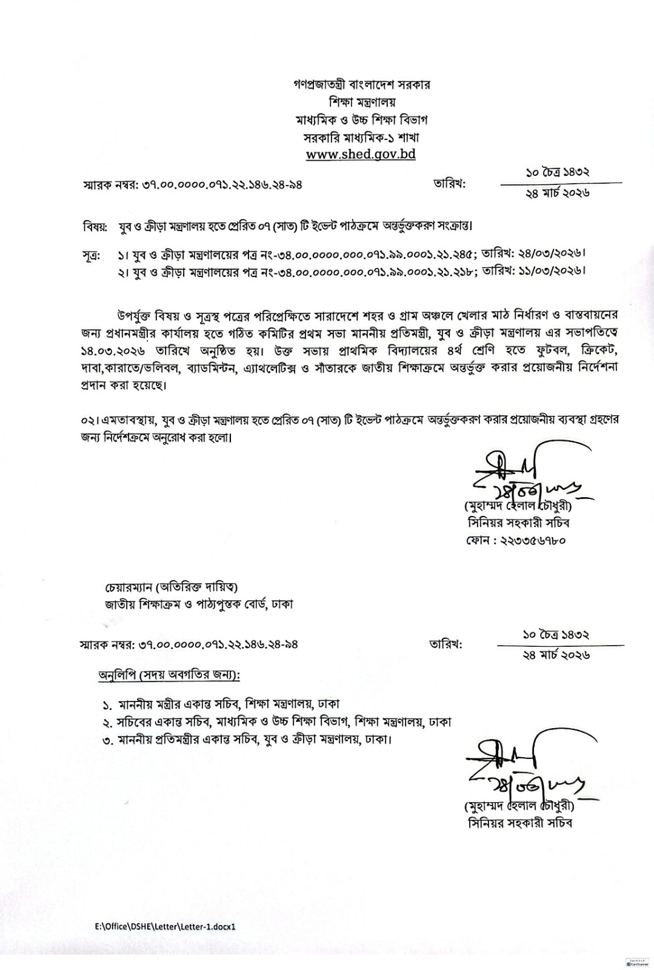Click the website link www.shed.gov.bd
tap(361, 154)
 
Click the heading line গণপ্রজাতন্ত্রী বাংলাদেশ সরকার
tap(361, 84)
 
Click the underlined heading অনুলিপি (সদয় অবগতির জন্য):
tap(169, 675)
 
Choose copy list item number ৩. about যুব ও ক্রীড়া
tap(249, 740)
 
